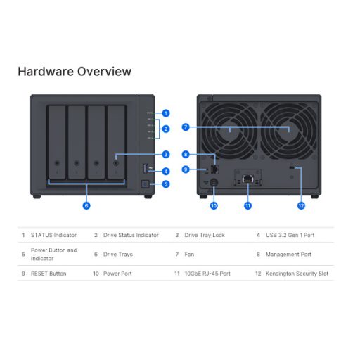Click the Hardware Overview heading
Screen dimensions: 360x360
(74, 71)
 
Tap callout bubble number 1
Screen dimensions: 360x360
(166, 112)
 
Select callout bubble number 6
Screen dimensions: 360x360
(86, 206)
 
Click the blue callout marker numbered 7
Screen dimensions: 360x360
(186, 127)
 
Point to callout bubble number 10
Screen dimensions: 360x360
(214, 206)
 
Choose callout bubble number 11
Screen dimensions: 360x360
(247, 206)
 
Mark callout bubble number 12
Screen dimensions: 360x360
(300, 206)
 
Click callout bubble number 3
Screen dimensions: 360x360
(166, 154)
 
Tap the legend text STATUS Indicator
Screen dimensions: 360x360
(54, 235)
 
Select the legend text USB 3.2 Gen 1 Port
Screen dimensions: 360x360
(290, 235)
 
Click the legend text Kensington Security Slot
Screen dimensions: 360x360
(297, 273)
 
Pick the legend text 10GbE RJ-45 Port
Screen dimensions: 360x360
(207, 273)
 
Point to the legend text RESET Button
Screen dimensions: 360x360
(49, 273)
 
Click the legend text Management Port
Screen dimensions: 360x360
(286, 254)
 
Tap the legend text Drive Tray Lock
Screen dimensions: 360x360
(205, 235)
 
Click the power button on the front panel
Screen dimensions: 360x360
(146, 184)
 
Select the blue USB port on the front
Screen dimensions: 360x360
(146, 168)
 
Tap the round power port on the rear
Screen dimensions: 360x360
(214, 181)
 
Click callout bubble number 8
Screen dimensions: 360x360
(186, 154)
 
